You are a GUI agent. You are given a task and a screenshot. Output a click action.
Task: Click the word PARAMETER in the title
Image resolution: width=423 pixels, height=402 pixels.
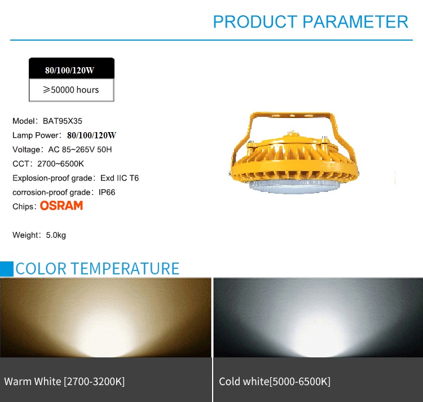[x=355, y=21]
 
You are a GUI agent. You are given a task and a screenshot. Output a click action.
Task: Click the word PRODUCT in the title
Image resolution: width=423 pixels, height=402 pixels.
[x=255, y=21]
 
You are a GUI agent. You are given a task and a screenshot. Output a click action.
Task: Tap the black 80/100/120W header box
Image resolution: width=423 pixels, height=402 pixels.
[x=72, y=68]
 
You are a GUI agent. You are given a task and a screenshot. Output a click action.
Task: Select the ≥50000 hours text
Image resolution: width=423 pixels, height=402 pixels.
[x=71, y=90]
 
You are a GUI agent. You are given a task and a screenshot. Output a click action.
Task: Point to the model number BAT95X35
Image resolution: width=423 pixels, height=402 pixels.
[x=62, y=121]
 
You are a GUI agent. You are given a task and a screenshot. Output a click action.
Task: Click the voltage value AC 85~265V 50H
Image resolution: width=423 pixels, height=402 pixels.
[x=80, y=150]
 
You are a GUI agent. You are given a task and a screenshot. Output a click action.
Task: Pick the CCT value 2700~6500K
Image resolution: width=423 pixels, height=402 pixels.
[x=60, y=164]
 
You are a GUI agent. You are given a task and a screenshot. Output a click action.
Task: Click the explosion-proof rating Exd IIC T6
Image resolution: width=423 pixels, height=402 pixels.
[x=120, y=178]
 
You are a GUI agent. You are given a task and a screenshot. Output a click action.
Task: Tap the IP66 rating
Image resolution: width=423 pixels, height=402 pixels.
[x=107, y=192]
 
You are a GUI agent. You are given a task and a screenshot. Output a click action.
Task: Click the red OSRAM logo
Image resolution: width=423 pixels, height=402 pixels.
[x=61, y=206]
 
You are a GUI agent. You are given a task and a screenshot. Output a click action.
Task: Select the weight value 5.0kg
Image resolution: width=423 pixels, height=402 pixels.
[x=56, y=235]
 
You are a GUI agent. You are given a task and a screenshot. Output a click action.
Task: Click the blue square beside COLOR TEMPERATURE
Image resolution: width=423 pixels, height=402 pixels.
[x=6, y=269]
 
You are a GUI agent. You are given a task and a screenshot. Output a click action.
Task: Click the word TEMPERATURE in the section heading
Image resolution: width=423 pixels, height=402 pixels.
[x=125, y=269]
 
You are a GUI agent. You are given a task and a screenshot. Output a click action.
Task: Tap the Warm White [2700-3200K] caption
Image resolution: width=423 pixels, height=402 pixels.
[x=64, y=382]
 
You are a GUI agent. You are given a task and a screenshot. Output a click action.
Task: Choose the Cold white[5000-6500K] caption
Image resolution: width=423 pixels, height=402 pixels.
[x=275, y=382]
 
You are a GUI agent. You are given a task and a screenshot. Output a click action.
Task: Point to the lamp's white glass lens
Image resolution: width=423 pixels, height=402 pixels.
[x=294, y=186]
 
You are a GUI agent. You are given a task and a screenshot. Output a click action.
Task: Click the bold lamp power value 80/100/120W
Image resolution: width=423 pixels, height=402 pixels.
[x=91, y=136]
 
